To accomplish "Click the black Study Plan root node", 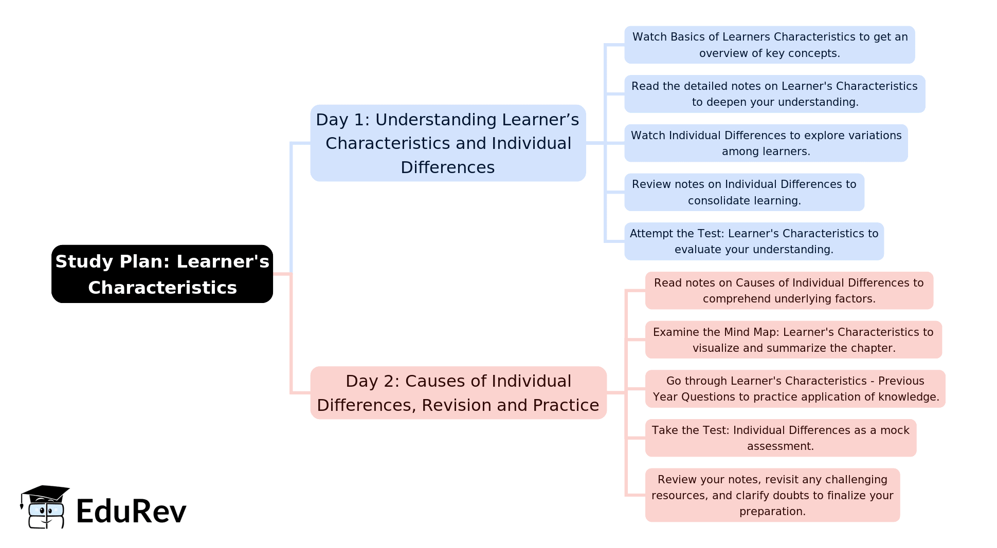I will coord(162,274).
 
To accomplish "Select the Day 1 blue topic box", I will coord(447,143).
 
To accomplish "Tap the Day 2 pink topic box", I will coord(458,393).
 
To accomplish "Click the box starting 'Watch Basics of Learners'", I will coord(769,45).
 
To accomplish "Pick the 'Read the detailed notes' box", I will coord(774,94).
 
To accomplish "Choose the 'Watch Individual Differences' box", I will coord(766,143).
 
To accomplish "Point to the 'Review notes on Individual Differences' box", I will coord(744,192).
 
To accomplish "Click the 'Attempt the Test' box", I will coord(754,241).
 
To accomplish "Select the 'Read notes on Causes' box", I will coord(789,291).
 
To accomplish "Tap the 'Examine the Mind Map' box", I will coord(793,340).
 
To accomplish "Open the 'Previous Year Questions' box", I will coord(795,389).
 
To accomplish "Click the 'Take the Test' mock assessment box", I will coord(781,438).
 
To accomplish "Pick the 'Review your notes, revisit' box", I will coord(772,495).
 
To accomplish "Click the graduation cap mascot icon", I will coord(45,507).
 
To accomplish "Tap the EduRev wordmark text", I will coord(131,512).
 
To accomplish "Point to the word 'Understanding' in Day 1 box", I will coord(436,120).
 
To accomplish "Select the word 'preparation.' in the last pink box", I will coord(772,512).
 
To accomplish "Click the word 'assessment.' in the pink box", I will coord(781,446).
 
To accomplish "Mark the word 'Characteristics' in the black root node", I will coord(162,288).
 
